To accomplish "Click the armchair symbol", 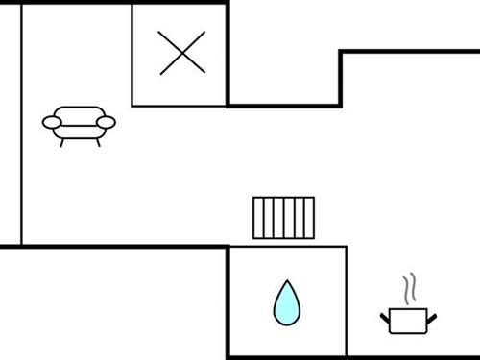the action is click(79, 123).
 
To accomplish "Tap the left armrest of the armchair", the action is click(52, 122).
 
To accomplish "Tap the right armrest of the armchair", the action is click(106, 122).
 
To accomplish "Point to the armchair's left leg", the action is click(64, 141).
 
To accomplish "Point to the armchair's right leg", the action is click(94, 141).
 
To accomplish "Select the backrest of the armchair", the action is click(79, 112).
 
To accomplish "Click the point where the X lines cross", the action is click(181, 53).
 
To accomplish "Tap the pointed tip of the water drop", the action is click(286, 283).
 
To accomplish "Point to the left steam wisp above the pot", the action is click(406, 289).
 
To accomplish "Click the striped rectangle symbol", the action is click(283, 217).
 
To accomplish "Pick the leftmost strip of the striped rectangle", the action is click(258, 217).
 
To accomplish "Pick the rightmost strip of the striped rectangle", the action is click(308, 217).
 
